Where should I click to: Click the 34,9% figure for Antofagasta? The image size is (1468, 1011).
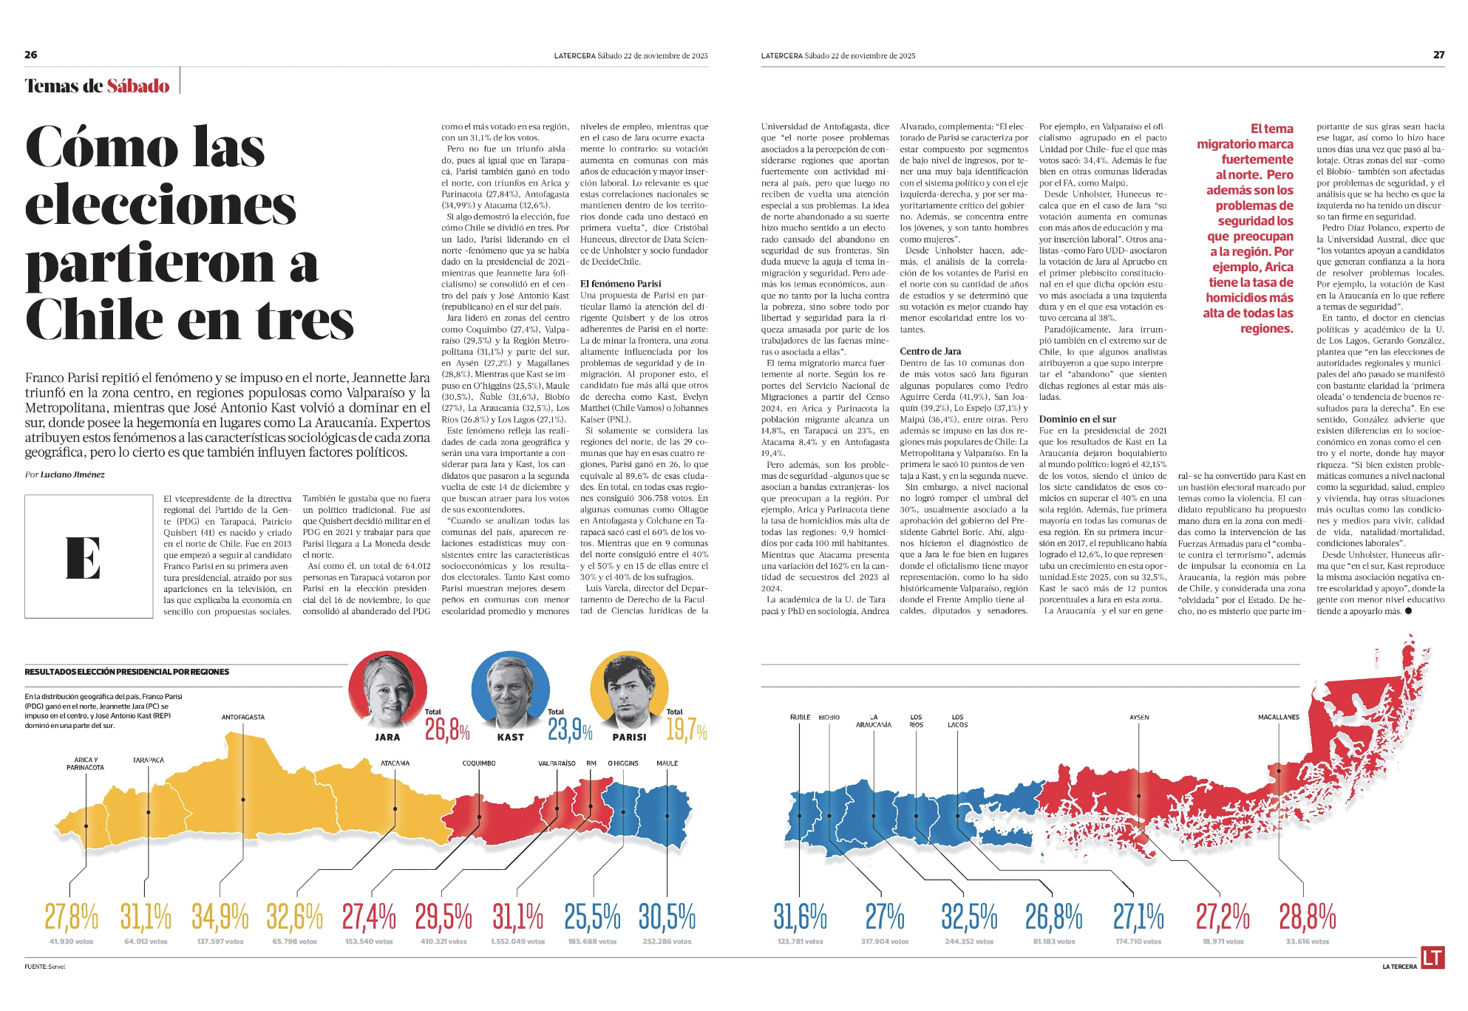220,917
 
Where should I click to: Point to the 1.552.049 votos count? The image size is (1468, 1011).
517,942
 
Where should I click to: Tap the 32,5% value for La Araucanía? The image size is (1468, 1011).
969,917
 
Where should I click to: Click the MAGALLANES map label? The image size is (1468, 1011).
1278,717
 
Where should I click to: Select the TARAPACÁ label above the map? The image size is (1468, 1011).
148,760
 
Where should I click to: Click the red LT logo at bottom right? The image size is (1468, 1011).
1432,958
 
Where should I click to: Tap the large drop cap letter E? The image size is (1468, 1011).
83,556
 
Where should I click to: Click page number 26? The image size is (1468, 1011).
31,55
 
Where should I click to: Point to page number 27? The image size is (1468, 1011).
1438,55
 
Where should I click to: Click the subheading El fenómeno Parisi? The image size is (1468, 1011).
620,284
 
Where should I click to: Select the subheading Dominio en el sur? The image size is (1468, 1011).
1077,419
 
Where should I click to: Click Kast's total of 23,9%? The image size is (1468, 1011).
570,730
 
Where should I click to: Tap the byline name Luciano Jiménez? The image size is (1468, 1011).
72,474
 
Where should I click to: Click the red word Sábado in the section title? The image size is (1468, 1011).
138,86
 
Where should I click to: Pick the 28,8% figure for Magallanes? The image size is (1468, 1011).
1307,917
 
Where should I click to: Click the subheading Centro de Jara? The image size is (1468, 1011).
930,351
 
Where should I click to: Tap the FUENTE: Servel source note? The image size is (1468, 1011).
44,967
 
